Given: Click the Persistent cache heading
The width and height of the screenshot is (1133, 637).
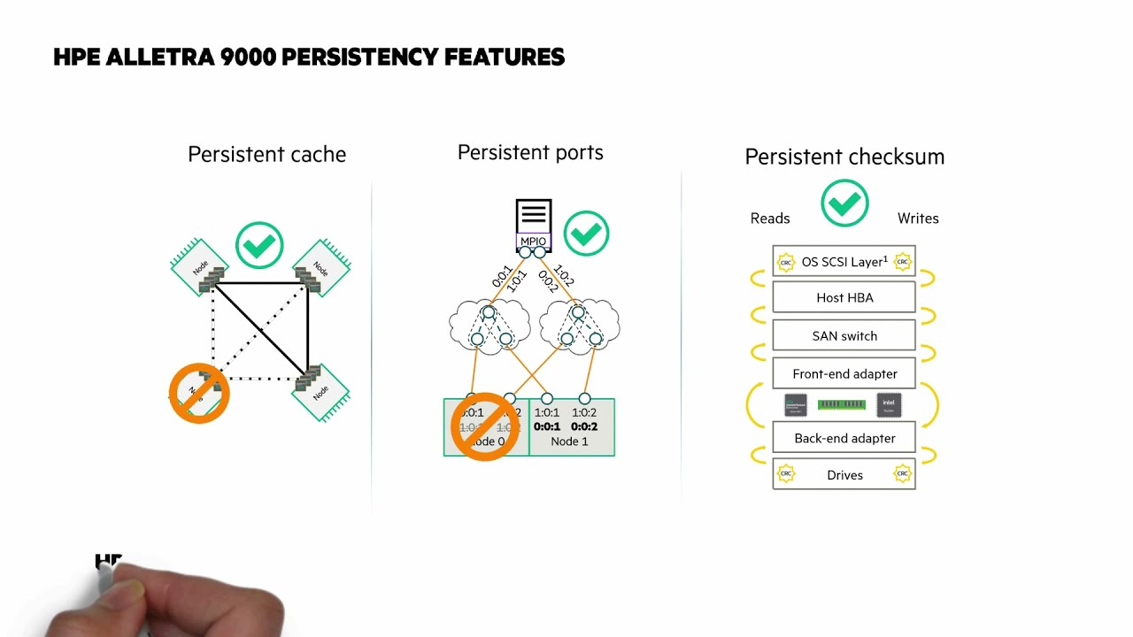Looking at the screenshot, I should (266, 155).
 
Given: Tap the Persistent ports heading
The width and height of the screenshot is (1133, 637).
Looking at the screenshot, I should (530, 153).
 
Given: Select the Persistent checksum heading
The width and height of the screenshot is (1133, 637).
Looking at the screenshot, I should (844, 157).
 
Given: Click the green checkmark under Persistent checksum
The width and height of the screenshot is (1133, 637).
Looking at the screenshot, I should (844, 203).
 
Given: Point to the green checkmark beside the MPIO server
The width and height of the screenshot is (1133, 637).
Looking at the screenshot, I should (586, 234).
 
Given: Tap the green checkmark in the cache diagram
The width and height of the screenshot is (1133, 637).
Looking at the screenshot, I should (259, 245).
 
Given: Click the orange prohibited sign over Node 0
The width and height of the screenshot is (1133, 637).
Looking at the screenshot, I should (484, 426).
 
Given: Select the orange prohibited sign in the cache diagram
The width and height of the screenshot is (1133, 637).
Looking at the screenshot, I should (199, 394).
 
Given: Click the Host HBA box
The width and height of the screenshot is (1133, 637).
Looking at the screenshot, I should (844, 297).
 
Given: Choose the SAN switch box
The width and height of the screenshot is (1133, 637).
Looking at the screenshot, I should (844, 336).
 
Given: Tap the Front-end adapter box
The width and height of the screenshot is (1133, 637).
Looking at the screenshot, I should (844, 374).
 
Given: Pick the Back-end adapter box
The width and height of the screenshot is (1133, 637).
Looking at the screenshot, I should (844, 438).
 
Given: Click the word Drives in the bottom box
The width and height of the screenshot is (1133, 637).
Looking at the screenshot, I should (844, 475).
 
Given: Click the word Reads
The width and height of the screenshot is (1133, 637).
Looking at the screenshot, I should (770, 219).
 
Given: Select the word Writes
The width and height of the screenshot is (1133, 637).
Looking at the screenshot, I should (918, 219).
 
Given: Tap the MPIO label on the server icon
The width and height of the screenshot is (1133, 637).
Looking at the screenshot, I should (533, 242).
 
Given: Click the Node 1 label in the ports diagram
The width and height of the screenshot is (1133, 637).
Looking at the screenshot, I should (569, 441).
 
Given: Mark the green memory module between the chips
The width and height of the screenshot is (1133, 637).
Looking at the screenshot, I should (841, 404).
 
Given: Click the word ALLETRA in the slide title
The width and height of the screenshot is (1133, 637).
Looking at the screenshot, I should (162, 58).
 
